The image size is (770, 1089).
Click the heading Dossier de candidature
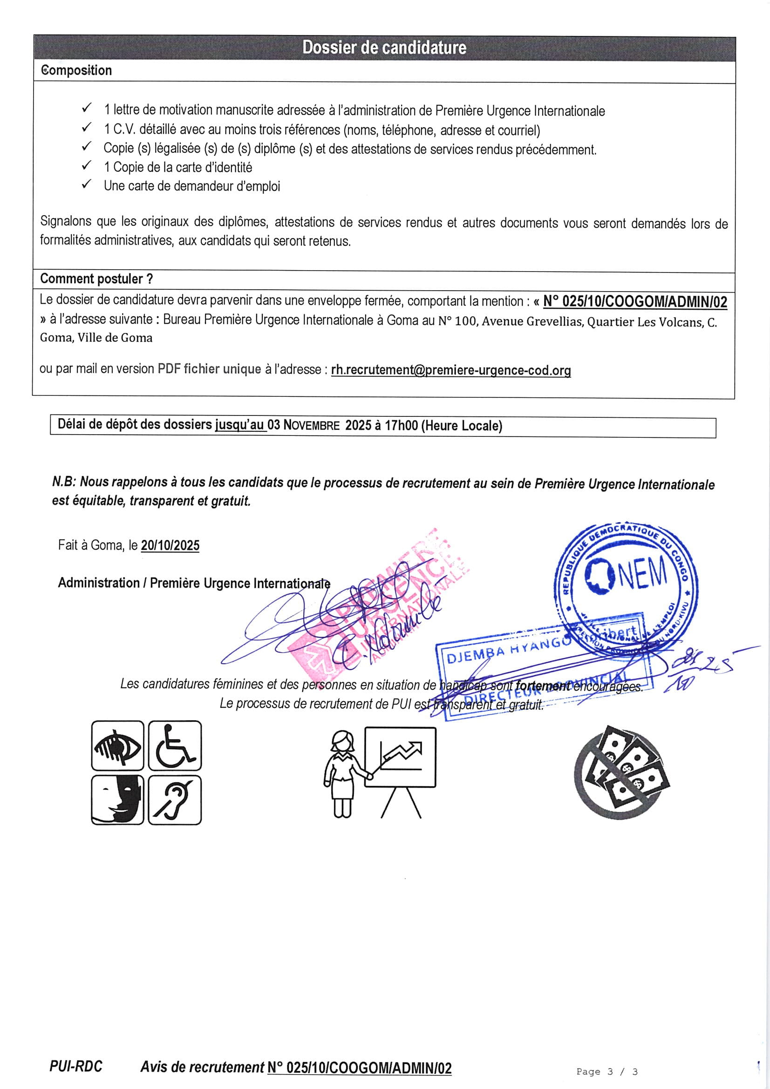point(384,48)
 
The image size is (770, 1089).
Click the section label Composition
point(76,70)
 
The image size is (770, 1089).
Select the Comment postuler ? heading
point(96,279)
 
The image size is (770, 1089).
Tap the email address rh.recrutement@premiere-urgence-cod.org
point(451,370)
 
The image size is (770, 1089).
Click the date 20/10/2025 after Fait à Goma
point(170,545)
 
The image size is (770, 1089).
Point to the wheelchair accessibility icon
point(175,746)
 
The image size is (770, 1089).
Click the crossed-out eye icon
point(118,746)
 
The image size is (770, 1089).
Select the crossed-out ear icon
point(175,800)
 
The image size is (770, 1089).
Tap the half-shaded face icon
point(118,800)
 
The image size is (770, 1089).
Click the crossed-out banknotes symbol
point(621,773)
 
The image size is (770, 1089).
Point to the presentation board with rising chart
point(400,757)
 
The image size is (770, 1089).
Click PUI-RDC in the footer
point(76,1067)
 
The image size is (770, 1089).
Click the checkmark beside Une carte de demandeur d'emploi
point(86,184)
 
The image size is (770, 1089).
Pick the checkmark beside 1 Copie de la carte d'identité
point(86,165)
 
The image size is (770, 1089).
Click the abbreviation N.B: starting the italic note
point(63,482)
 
